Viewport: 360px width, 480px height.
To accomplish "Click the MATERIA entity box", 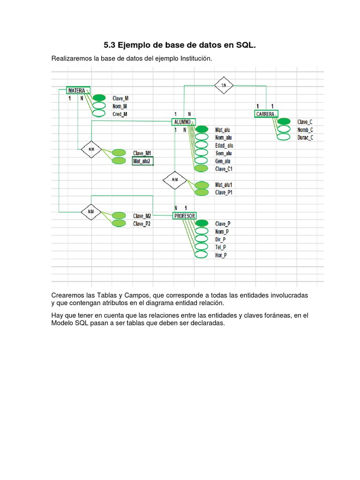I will pyautogui.click(x=78, y=90).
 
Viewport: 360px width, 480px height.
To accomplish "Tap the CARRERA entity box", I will pyautogui.click(x=266, y=113).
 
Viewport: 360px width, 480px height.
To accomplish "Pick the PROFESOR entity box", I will pyautogui.click(x=184, y=216).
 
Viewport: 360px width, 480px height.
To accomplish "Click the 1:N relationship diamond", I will pyautogui.click(x=224, y=85).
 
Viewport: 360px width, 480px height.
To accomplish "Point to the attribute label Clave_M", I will pyautogui.click(x=120, y=98).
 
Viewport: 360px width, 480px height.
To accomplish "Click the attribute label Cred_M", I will pyautogui.click(x=120, y=114).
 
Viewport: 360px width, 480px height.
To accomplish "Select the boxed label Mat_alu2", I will pyautogui.click(x=142, y=161).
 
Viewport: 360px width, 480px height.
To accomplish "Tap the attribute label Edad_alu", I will pyautogui.click(x=224, y=145).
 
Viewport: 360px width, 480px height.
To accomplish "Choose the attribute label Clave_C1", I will pyautogui.click(x=224, y=169).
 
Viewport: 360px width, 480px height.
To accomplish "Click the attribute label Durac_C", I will pyautogui.click(x=305, y=137).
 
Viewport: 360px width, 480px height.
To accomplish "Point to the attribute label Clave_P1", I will pyautogui.click(x=224, y=192).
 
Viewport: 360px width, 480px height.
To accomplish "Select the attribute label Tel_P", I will pyautogui.click(x=220, y=247).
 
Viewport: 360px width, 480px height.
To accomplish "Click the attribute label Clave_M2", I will pyautogui.click(x=142, y=216).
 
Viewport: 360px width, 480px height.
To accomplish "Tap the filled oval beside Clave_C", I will pyautogui.click(x=284, y=121).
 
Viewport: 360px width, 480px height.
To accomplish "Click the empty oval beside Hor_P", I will pyautogui.click(x=201, y=255).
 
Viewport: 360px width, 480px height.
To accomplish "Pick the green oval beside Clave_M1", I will pyautogui.click(x=119, y=153).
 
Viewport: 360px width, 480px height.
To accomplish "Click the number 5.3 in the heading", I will pyautogui.click(x=109, y=45).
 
